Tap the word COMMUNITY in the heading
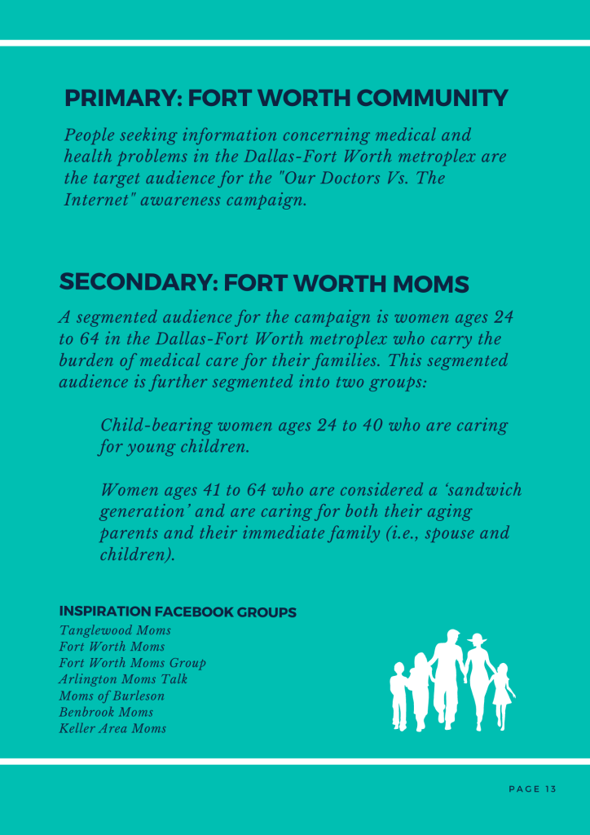point(433,99)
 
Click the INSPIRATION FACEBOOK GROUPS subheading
point(178,612)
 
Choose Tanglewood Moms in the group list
point(115,630)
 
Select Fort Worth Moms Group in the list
point(132,663)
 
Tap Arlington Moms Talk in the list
point(123,679)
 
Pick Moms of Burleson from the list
point(112,696)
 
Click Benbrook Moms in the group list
point(106,712)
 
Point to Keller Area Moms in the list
point(112,728)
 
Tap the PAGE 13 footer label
point(533,789)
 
